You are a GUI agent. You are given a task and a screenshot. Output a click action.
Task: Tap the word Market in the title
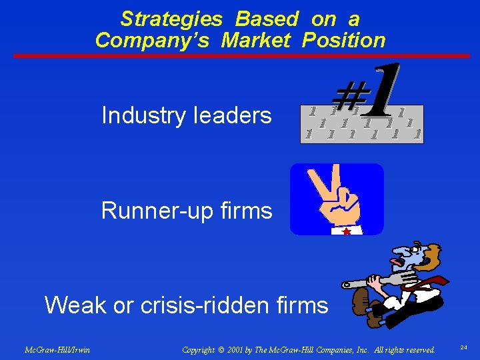click(255, 40)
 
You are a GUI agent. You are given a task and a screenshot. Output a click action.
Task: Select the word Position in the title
click(343, 40)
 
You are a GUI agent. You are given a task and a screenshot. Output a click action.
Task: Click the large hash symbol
click(341, 100)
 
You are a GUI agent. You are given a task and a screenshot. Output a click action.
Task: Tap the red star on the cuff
click(346, 231)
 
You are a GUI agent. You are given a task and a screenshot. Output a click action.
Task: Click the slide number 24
click(464, 347)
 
